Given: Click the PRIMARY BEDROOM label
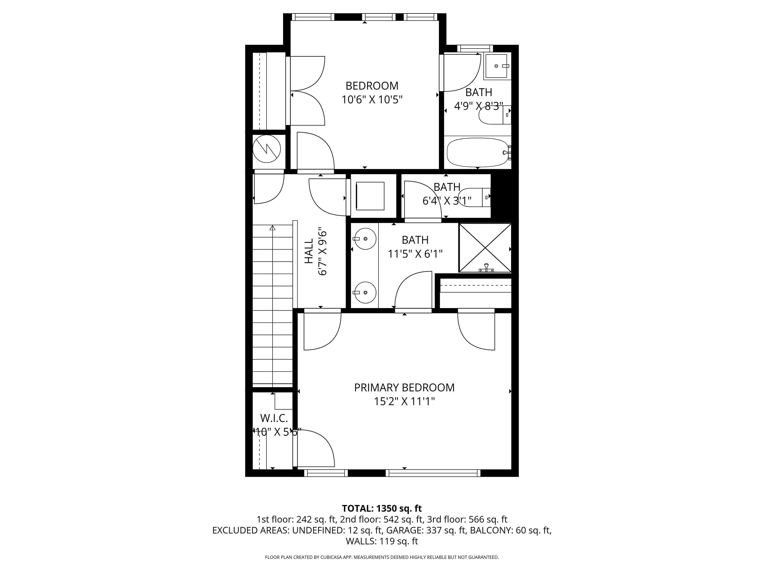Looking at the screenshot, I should [x=404, y=388].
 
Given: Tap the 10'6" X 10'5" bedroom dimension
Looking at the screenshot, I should [x=372, y=100].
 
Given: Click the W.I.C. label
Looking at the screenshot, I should [x=274, y=418].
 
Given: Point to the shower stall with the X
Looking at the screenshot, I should [x=485, y=248].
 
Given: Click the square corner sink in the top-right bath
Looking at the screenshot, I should [x=497, y=66].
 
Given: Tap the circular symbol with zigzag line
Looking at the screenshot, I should [x=266, y=149].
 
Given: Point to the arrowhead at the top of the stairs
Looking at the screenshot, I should [x=273, y=228].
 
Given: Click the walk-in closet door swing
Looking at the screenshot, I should [x=314, y=448].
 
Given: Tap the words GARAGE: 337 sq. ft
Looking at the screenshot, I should [x=426, y=530].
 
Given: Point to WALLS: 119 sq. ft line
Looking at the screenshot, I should [x=382, y=541].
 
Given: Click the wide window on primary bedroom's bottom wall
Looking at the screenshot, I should [x=433, y=473].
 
